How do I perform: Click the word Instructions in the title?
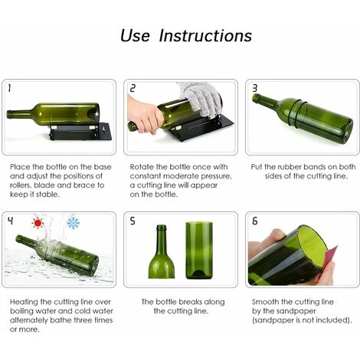(206, 36)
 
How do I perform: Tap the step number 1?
(10, 88)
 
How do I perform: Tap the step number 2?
(132, 88)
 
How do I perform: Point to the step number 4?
(11, 221)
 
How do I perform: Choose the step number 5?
(132, 221)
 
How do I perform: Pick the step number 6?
(254, 221)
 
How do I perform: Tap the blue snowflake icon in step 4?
(74, 223)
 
